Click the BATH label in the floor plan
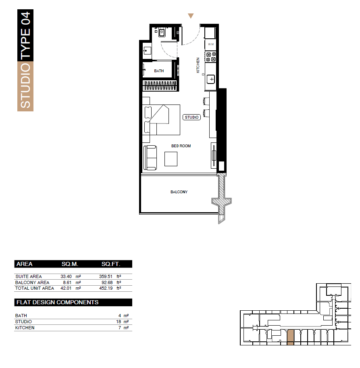[x=159, y=71]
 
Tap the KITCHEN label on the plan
[x=198, y=65]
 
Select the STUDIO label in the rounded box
[x=191, y=117]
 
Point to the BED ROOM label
[x=181, y=146]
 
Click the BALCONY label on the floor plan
[x=179, y=192]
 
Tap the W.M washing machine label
[x=211, y=44]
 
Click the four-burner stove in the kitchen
[x=210, y=57]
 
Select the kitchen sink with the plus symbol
[x=211, y=79]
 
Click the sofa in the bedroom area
[x=150, y=158]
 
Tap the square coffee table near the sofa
[x=171, y=159]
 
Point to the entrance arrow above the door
[x=191, y=16]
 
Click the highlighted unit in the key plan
[x=290, y=337]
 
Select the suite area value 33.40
[x=66, y=276]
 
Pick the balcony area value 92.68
[x=107, y=282]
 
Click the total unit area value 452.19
[x=106, y=288]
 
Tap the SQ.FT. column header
[x=111, y=264]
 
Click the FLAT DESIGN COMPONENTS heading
[x=58, y=302]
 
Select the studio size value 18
[x=119, y=322]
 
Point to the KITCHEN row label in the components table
[x=25, y=328]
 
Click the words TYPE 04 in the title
[x=25, y=36]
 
